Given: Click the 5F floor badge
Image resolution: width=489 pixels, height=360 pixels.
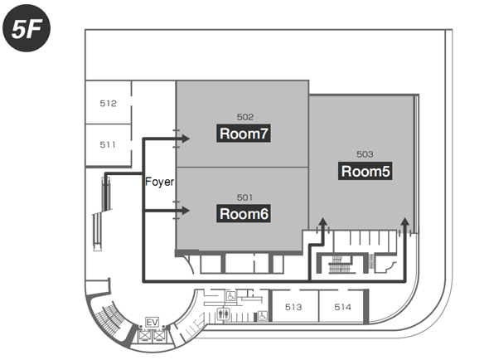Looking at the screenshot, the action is click(27, 28).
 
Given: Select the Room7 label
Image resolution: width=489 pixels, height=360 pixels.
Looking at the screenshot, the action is click(244, 134).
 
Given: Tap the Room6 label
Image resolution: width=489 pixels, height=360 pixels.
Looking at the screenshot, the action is click(244, 214).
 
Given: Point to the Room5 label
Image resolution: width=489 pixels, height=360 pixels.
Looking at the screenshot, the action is click(366, 171).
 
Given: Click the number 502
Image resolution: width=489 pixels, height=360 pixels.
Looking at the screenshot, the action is click(245, 117).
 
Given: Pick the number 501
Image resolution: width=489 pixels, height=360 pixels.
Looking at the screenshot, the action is click(244, 197).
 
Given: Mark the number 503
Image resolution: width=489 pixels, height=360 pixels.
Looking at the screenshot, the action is click(365, 154).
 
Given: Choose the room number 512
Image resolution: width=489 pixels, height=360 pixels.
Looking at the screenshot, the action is click(109, 104).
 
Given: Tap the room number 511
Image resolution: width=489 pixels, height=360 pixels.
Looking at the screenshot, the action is click(108, 144).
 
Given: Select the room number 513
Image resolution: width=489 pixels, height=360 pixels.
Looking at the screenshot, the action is click(293, 307).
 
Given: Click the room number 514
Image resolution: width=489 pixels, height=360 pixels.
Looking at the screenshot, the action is click(343, 307).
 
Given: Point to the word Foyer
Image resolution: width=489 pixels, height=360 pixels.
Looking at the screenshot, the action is click(160, 182).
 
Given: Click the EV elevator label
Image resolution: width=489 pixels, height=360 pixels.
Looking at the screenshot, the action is click(153, 322).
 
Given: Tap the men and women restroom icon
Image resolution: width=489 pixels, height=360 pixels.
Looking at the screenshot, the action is click(224, 314).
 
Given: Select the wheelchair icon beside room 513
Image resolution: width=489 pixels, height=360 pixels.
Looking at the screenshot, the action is click(263, 316).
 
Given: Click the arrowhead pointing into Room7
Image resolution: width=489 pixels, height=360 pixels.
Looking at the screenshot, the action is click(186, 139).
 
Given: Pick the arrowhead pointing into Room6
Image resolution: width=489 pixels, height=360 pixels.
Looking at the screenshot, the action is click(186, 211).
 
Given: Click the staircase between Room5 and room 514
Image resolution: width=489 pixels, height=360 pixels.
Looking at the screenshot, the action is click(340, 264).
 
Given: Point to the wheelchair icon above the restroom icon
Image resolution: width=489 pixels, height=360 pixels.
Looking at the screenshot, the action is click(230, 296).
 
